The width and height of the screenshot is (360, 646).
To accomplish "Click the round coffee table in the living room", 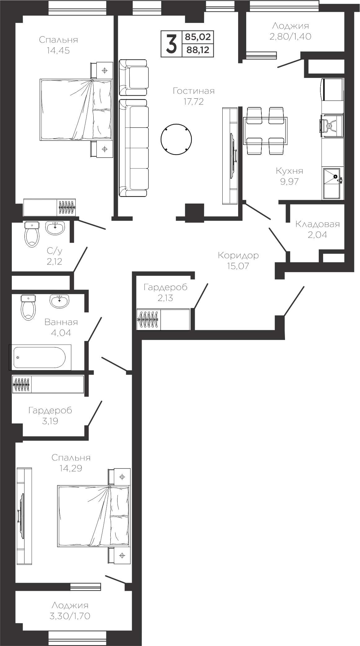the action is tap(176, 139).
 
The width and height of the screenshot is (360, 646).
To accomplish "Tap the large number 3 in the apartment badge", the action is tap(171, 44).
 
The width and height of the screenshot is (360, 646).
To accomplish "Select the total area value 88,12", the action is tap(198, 50).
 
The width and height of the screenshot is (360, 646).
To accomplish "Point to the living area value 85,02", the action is tap(198, 37).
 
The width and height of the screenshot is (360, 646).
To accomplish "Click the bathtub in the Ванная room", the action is tap(40, 357).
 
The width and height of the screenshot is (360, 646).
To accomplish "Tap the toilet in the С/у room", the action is tap(32, 234).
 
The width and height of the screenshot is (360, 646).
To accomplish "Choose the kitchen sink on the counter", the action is tap(332, 183).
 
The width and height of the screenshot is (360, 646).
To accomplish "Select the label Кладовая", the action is tap(318, 224).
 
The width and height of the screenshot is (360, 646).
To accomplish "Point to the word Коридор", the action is tap(238, 255).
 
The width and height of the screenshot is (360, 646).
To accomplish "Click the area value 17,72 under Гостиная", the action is tap(193, 101).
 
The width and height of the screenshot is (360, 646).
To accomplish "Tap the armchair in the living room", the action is tap(133, 77).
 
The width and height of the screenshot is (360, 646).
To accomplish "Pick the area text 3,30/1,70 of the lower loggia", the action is tap(70, 616).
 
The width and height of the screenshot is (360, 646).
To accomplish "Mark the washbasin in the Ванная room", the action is tap(59, 301).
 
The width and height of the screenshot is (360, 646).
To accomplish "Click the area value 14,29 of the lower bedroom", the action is tap(71, 468).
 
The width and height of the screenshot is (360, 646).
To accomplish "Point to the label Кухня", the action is tap(290, 171).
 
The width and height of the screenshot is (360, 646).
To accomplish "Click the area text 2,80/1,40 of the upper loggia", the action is tap(290, 36).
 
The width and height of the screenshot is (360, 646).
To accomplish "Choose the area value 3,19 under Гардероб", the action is tap(50, 421).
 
